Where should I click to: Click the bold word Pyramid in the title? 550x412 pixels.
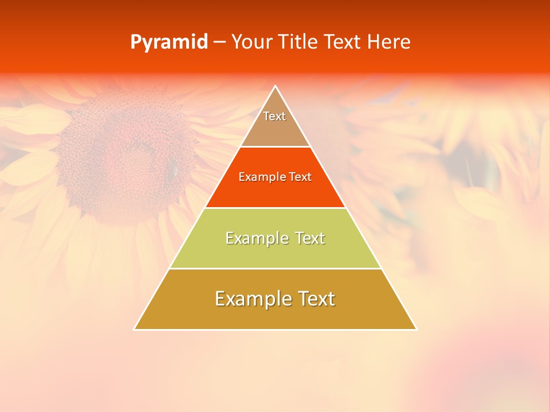pyautogui.click(x=169, y=42)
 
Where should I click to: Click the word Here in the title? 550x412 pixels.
pyautogui.click(x=389, y=42)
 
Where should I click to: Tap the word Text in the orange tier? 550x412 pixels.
pyautogui.click(x=300, y=177)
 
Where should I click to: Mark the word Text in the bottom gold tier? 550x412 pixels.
pyautogui.click(x=314, y=299)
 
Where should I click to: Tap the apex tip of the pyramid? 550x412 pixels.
pyautogui.click(x=276, y=86)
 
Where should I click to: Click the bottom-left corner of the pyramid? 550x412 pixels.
pyautogui.click(x=135, y=329)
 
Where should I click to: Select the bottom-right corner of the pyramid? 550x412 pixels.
pyautogui.click(x=416, y=329)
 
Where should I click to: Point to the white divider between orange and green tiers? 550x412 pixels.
pyautogui.click(x=275, y=208)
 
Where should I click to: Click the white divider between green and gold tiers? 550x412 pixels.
pyautogui.click(x=275, y=268)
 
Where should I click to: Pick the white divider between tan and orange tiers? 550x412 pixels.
pyautogui.click(x=275, y=147)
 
